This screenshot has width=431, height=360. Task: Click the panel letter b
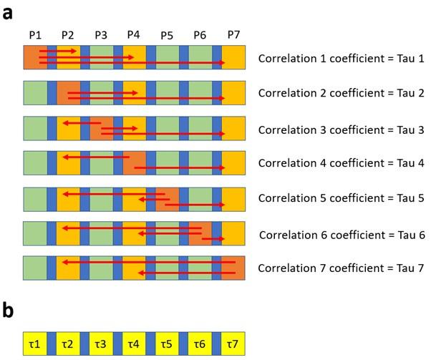[9, 312]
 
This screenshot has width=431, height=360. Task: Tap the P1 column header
[34, 34]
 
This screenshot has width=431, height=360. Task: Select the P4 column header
[134, 34]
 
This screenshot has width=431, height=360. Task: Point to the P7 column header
[233, 34]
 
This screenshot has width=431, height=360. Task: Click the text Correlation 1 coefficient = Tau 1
[342, 58]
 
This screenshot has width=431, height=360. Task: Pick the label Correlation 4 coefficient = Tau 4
[342, 163]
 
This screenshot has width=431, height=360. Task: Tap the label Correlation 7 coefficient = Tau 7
[342, 268]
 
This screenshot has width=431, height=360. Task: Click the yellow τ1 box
[34, 345]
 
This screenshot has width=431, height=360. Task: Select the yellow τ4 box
[134, 345]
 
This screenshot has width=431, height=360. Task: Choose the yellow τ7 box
[233, 345]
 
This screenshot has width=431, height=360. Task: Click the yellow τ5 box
[167, 345]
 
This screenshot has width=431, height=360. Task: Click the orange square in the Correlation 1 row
[34, 57]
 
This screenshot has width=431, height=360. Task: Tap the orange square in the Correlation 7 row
[233, 268]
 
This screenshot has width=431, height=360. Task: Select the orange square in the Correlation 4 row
[134, 162]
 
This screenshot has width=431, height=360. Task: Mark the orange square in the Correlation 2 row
[68, 92]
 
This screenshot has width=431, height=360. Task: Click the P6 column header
[200, 34]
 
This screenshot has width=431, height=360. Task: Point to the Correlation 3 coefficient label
[342, 128]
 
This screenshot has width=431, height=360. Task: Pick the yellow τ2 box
[68, 345]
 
